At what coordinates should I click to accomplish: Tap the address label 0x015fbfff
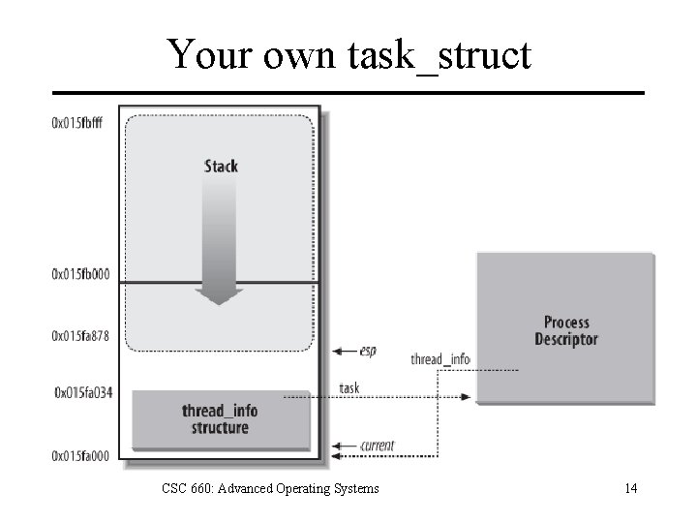[81, 123]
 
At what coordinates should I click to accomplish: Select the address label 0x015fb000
[81, 275]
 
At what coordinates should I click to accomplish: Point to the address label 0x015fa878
[81, 337]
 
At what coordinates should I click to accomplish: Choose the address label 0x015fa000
[81, 456]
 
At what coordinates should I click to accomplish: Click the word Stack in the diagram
[221, 166]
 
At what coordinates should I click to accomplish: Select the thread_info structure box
[220, 419]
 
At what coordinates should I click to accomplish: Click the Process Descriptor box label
[566, 330]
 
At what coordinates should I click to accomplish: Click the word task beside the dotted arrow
[349, 388]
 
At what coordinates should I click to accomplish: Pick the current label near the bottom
[377, 446]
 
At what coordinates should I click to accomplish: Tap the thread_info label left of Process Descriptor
[439, 359]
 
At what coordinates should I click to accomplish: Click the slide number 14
[630, 488]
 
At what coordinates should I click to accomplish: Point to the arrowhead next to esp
[336, 351]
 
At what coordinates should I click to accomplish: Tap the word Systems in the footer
[356, 488]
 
